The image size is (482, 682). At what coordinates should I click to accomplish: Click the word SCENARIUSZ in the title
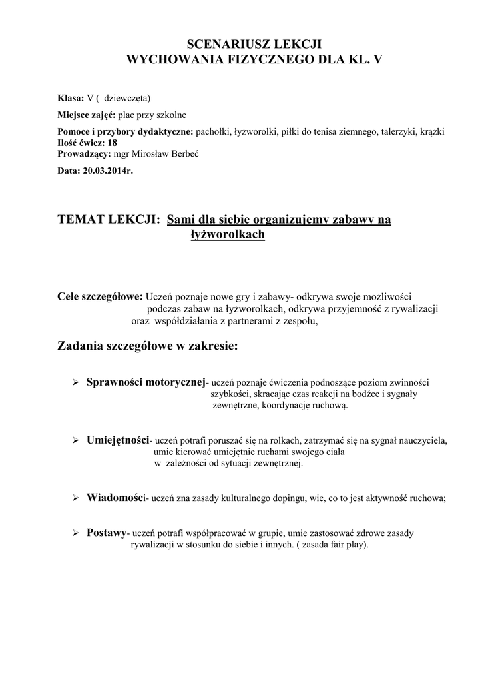[217, 45]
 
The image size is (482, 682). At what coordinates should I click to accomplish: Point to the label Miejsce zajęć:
[87, 114]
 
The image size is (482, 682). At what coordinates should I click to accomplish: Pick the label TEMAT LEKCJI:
[110, 220]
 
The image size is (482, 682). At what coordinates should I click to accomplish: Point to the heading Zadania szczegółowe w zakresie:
[147, 346]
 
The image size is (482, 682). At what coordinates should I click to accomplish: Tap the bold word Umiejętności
[119, 440]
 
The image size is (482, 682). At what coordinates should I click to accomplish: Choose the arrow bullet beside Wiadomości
[75, 498]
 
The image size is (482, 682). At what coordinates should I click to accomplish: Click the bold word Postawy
[107, 533]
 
